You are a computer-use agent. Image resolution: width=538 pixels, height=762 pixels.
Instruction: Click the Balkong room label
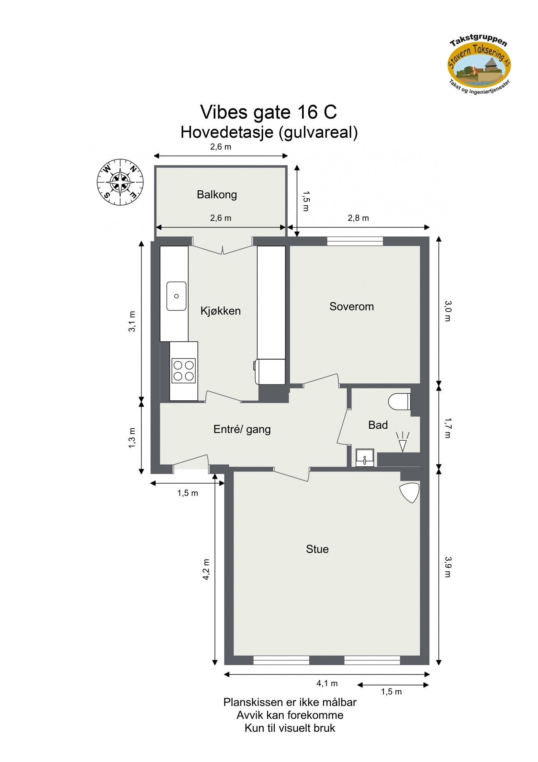point(217,194)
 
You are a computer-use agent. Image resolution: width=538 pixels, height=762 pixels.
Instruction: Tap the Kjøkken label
point(220,310)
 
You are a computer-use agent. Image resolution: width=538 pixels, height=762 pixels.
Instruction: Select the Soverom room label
point(351,306)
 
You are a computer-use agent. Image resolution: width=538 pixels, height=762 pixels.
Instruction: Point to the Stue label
point(317,549)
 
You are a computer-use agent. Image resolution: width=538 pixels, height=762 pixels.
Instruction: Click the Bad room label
point(378,425)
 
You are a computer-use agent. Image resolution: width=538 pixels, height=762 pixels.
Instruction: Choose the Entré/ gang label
point(242,429)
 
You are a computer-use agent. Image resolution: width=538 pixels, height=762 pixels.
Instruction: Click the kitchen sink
point(176,296)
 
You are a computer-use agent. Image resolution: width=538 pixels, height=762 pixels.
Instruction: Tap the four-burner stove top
point(183,370)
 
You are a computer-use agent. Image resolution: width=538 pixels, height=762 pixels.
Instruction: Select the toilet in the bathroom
point(399,401)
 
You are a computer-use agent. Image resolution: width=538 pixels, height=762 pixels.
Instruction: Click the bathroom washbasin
point(364,458)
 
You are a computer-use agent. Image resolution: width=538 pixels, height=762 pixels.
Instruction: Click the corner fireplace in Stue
point(411,492)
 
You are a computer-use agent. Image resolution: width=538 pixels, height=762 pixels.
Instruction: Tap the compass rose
point(120,182)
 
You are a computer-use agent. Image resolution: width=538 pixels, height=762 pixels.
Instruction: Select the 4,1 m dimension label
point(327,683)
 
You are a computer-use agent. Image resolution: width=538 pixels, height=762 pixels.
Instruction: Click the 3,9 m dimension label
point(448,567)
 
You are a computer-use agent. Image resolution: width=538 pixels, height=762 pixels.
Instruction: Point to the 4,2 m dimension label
point(206,569)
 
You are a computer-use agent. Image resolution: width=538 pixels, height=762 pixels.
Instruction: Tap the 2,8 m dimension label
point(358,218)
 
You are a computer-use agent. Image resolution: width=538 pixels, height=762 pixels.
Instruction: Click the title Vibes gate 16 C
point(268,112)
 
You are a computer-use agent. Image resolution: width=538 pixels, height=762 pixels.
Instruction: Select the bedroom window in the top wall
point(355,241)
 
